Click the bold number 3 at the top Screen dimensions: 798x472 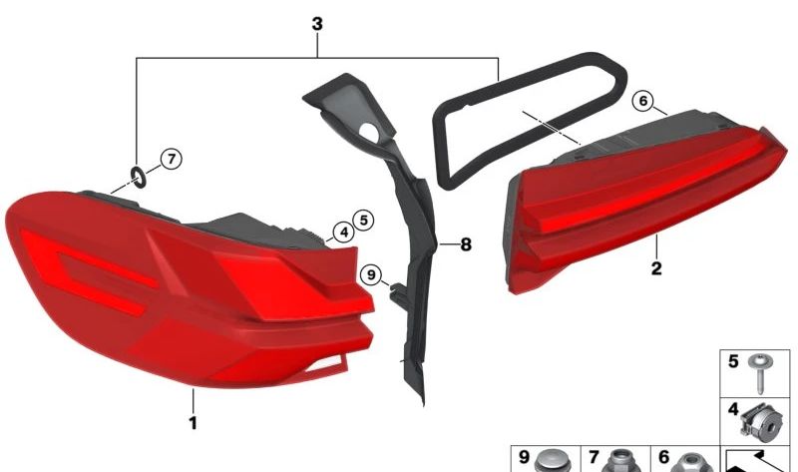(317, 23)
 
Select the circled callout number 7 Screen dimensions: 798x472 (172, 159)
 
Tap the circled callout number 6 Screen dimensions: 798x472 (643, 102)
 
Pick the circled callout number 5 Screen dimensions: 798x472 (364, 220)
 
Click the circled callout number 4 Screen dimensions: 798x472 (344, 233)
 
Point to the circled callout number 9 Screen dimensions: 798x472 (371, 275)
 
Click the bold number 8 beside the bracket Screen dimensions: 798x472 (466, 244)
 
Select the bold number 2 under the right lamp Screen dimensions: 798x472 (656, 267)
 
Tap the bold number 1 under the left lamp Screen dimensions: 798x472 (193, 423)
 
